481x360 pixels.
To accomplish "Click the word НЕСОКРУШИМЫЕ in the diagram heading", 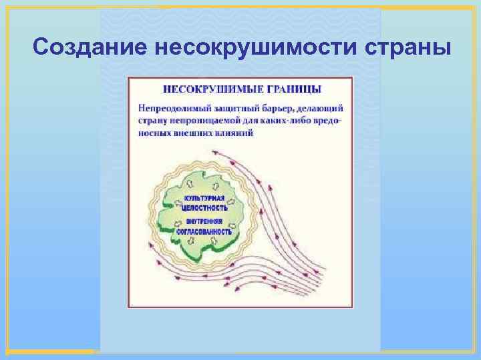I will (x=207, y=89).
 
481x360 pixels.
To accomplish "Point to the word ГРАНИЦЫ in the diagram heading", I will (x=291, y=89).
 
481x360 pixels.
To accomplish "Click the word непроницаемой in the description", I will (x=204, y=120).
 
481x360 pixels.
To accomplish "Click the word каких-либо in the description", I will (x=285, y=120).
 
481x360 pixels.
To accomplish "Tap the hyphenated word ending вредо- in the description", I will (x=327, y=120).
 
